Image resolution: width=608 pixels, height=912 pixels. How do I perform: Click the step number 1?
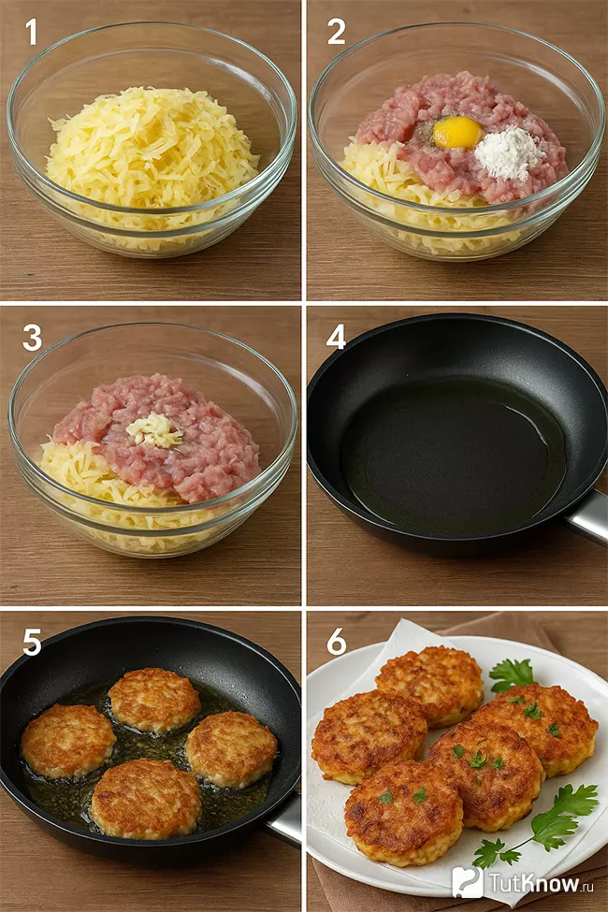click(32, 32)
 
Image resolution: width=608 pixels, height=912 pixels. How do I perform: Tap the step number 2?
click(337, 32)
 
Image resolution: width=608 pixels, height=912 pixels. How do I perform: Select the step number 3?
click(32, 338)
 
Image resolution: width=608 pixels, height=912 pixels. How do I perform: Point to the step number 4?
click(337, 338)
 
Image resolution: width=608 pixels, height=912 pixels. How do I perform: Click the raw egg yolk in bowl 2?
click(458, 132)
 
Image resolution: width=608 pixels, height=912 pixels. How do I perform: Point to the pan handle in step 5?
click(284, 819)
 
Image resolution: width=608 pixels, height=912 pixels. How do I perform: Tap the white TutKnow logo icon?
click(467, 882)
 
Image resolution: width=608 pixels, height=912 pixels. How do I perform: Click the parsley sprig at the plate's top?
click(512, 675)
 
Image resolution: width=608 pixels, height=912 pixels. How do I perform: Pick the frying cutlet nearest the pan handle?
click(231, 748)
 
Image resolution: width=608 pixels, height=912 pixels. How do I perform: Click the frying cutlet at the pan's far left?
click(68, 741)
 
